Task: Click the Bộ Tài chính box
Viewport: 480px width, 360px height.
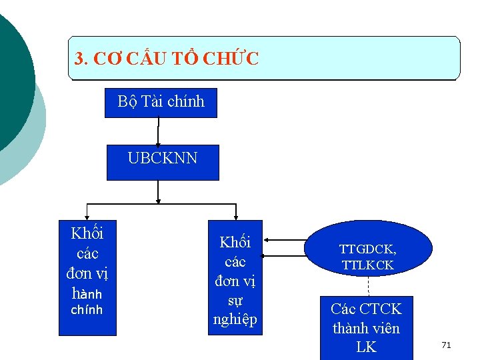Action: click(161, 102)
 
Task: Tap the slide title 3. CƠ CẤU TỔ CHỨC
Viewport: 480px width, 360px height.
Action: click(167, 59)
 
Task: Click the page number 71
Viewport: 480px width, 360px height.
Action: click(446, 345)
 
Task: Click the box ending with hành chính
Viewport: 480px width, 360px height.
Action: click(87, 277)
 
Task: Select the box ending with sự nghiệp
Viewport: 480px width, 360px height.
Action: click(235, 277)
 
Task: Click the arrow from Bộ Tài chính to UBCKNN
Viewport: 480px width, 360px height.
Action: click(158, 131)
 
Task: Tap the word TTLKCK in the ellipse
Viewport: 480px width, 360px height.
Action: click(367, 265)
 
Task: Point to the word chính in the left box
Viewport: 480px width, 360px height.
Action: click(87, 310)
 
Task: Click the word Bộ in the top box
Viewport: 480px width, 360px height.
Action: click(127, 101)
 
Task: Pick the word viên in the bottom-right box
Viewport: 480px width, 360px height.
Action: click(384, 328)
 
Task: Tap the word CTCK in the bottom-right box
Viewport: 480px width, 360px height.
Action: click(381, 309)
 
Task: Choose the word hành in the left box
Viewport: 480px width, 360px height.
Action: click(87, 293)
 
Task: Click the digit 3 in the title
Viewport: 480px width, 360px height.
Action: click(79, 59)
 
